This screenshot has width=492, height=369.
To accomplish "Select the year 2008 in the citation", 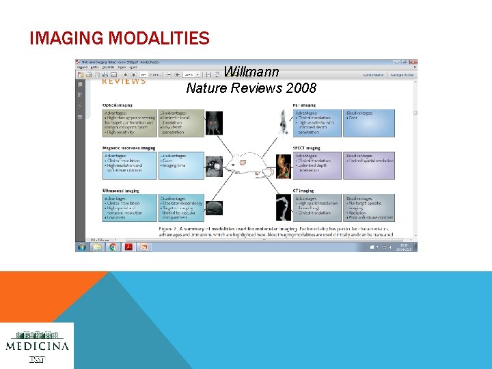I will pos(301,88).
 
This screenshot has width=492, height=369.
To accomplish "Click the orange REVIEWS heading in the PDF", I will pos(124,82).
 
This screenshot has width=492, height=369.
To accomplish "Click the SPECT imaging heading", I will pos(310,148).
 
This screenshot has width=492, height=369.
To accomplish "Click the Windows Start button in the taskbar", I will pos(82,247).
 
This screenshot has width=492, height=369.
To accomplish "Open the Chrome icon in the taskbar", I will pos(113,247).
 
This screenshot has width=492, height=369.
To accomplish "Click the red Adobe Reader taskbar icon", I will pos(128,247).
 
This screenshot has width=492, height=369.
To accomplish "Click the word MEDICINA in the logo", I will pos(37,346).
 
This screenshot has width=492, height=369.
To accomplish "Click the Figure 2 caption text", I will pos(273,230).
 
